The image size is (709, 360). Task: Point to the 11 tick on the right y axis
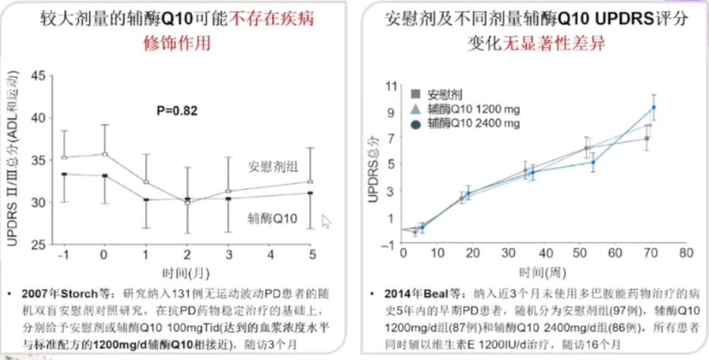coord(391,86)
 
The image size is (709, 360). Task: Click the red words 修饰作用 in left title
coord(177,43)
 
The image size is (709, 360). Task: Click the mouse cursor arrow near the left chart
coord(327,221)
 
